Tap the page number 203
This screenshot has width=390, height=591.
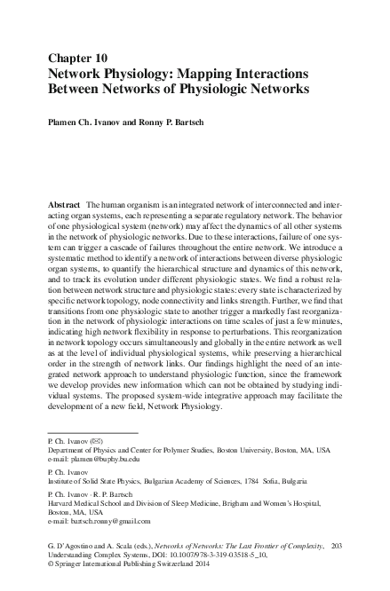337,549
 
